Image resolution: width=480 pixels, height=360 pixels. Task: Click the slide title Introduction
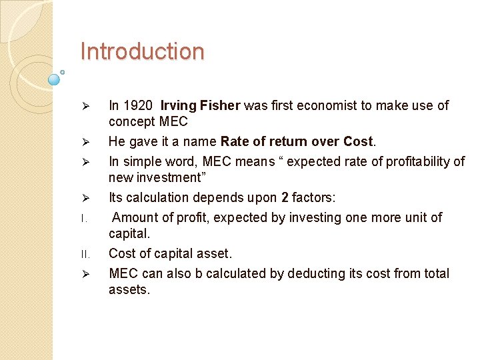click(x=142, y=52)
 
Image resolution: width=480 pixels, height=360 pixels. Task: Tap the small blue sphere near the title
click(x=55, y=80)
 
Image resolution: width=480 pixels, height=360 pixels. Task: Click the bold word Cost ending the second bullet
click(x=359, y=141)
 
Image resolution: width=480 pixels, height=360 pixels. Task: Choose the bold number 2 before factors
click(x=285, y=197)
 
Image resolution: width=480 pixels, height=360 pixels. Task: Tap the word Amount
click(x=136, y=217)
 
